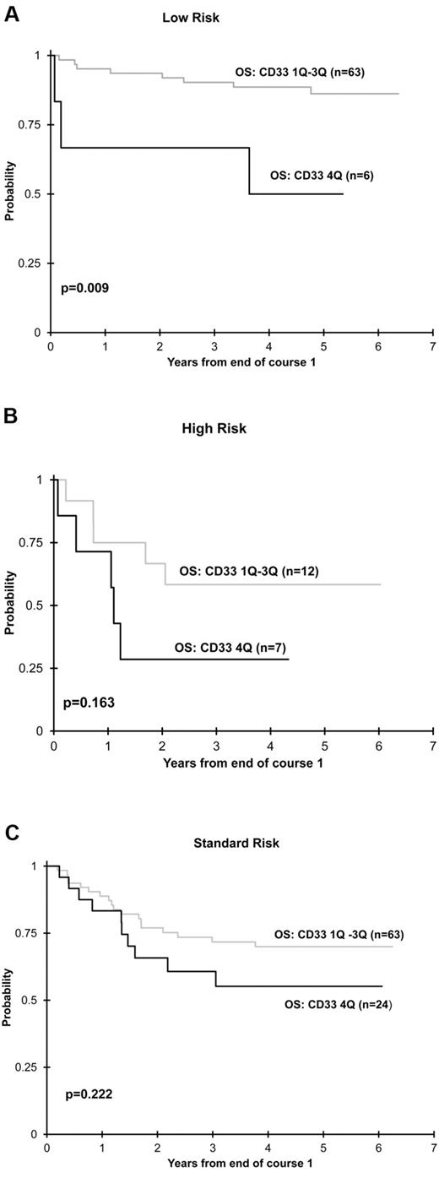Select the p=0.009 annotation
point(84,288)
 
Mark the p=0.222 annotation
point(90,1094)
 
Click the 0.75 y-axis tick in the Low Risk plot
point(29,125)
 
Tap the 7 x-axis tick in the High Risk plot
point(432,746)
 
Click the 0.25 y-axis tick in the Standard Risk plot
point(29,1067)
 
